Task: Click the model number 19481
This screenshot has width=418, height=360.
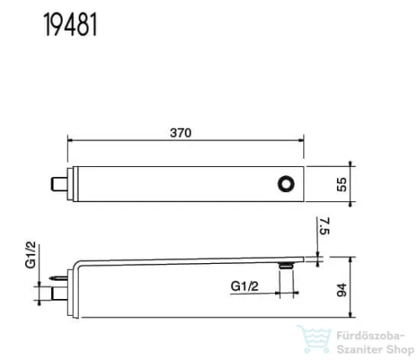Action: (70, 24)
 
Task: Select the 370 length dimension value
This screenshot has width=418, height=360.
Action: (181, 133)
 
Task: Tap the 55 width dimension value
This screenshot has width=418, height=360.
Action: (342, 185)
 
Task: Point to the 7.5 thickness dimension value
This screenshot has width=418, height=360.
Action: (324, 226)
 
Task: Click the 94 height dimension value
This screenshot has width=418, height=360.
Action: (342, 290)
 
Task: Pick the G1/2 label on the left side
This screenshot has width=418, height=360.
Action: (31, 255)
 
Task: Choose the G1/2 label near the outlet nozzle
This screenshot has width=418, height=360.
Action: (245, 286)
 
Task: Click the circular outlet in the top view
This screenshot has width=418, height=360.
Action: (286, 184)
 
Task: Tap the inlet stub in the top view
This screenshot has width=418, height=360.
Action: (59, 185)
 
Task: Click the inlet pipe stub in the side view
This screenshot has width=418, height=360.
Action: (59, 293)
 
